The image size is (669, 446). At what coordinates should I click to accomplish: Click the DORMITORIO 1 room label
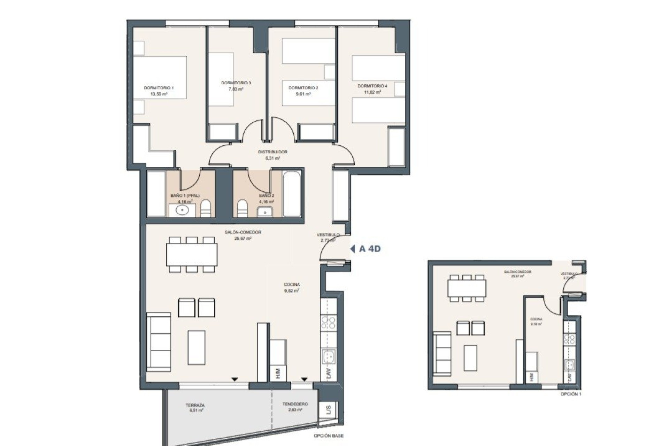(159, 88)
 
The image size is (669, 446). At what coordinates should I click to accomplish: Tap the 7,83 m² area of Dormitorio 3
(236, 89)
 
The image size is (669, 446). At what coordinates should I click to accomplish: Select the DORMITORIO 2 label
(303, 88)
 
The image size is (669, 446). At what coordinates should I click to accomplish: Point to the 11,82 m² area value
(372, 92)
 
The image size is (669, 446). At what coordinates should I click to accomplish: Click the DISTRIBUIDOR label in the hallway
(272, 152)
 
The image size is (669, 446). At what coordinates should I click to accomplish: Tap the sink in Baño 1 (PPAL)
(182, 210)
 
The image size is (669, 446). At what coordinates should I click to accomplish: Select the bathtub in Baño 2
(292, 193)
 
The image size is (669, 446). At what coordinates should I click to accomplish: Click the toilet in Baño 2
(242, 209)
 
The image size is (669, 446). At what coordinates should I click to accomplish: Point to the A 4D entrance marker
(366, 249)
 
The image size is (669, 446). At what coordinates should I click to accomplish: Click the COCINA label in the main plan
(292, 285)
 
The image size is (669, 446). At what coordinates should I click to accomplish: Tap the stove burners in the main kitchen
(328, 323)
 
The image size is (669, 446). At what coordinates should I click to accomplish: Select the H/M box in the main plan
(278, 374)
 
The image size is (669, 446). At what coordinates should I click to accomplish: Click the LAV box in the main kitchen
(329, 374)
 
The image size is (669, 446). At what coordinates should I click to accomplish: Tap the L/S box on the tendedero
(328, 410)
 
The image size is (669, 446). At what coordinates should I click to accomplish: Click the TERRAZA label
(195, 405)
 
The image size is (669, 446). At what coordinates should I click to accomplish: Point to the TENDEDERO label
(295, 404)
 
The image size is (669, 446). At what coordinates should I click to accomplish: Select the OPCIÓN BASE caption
(328, 436)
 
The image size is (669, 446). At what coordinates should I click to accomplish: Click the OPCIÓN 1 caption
(571, 394)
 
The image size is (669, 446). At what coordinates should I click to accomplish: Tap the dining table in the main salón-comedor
(192, 254)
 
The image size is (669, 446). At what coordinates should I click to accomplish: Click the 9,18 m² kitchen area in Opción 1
(536, 324)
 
